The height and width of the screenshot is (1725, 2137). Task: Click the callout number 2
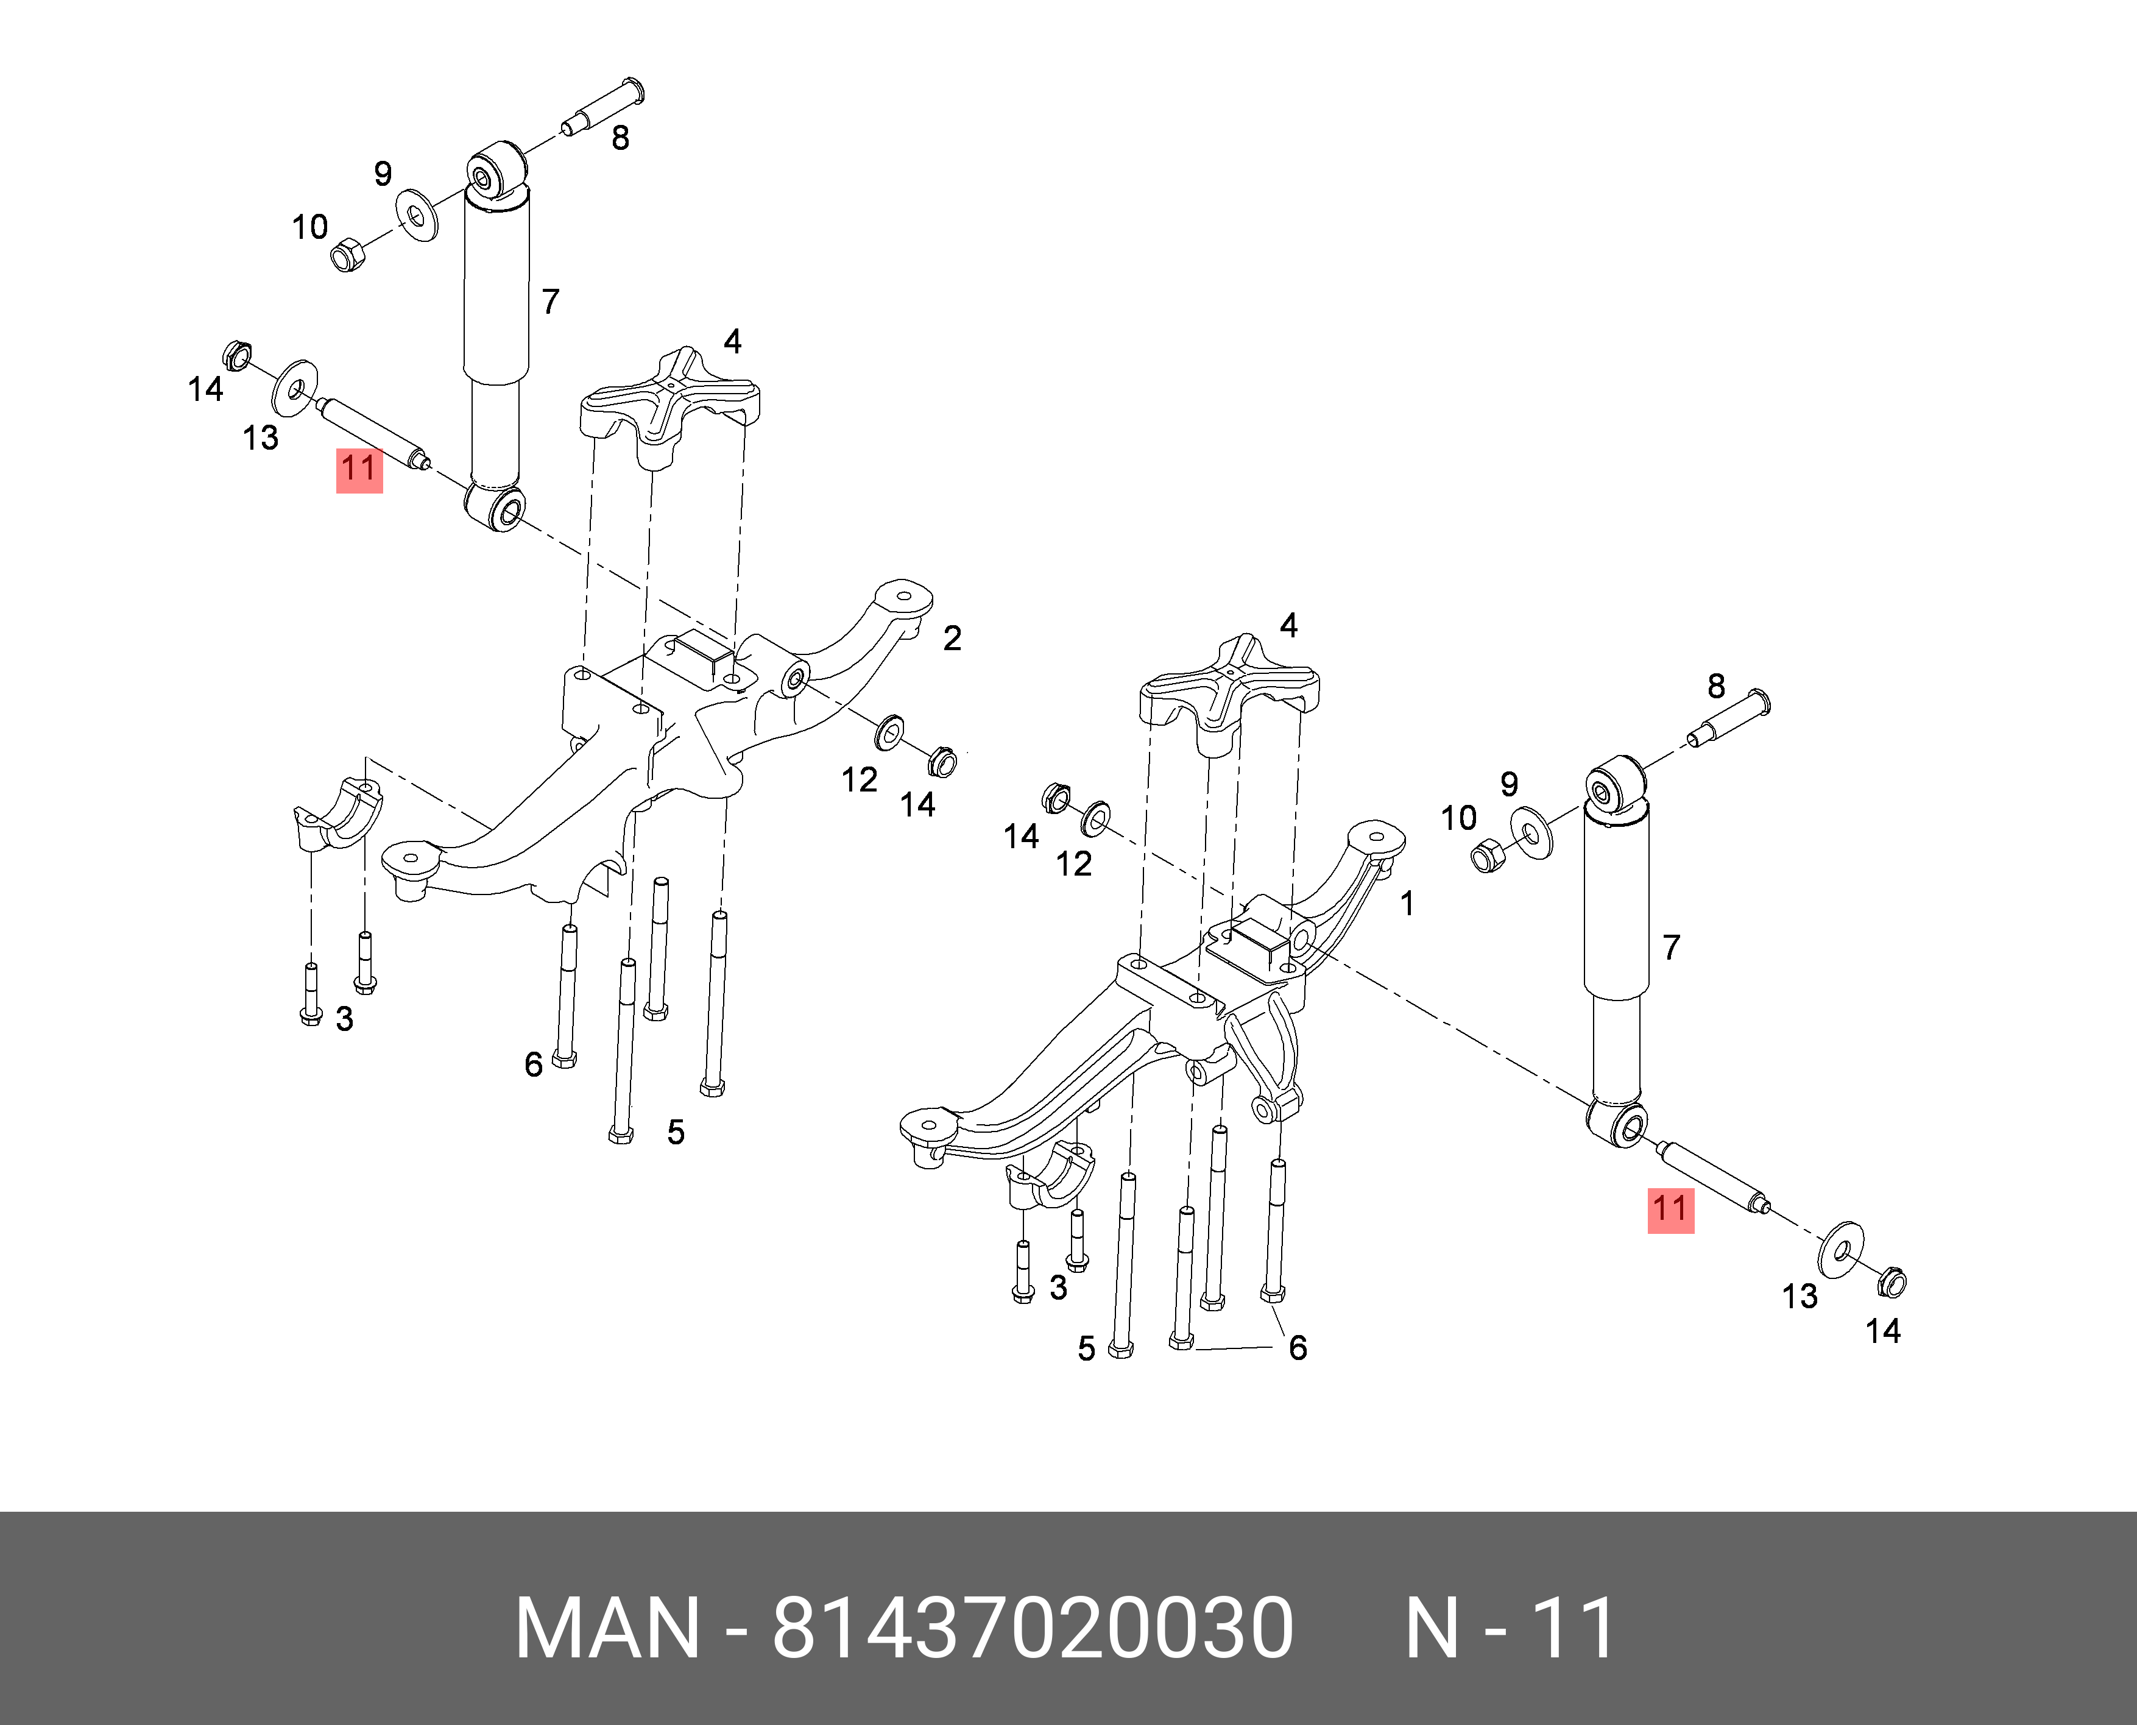(x=952, y=638)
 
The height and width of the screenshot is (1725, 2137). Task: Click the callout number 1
(x=1407, y=903)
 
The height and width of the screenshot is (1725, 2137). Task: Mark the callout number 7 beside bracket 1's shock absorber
(x=1671, y=947)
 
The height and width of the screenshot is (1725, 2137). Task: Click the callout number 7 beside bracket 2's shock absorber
(x=551, y=301)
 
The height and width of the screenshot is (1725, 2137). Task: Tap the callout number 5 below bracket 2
(x=676, y=1132)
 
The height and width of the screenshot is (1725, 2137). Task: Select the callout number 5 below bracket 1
(x=1086, y=1348)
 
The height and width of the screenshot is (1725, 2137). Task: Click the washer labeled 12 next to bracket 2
(x=888, y=732)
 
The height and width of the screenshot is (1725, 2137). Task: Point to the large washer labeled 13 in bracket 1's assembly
(x=1840, y=1250)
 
